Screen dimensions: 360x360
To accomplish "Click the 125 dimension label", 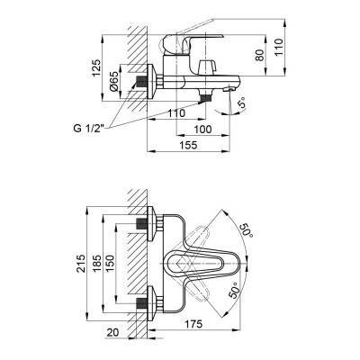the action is click(x=96, y=68).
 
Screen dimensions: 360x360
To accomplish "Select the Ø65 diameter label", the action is click(x=113, y=82).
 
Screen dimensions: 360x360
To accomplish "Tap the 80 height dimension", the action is click(x=260, y=55).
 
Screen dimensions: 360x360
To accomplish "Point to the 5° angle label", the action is click(x=242, y=103).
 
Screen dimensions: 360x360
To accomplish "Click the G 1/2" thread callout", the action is click(x=88, y=129).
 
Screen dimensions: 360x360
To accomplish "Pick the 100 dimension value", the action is click(x=202, y=130).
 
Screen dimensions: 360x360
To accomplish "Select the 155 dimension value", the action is click(x=188, y=145).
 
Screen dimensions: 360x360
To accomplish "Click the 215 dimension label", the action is click(x=80, y=264).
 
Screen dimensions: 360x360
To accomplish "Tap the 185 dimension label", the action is click(x=96, y=264).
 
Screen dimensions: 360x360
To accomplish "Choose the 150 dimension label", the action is click(x=110, y=264).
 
